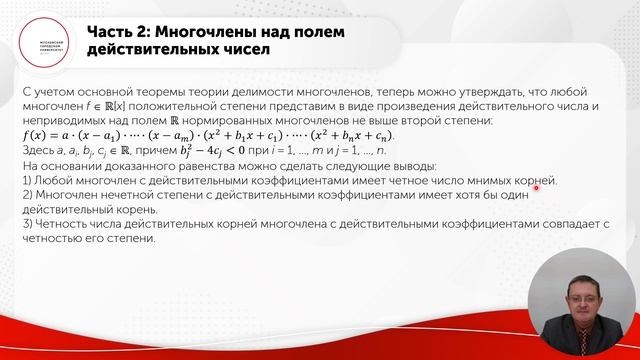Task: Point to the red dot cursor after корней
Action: pos(550,183)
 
